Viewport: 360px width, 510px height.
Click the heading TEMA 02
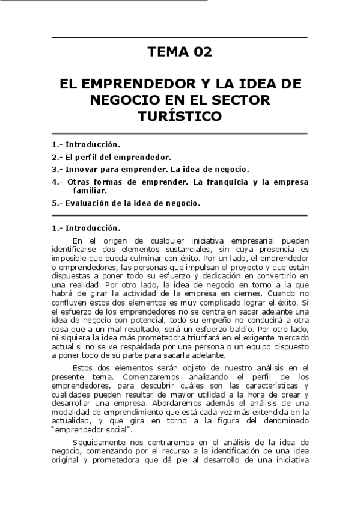180,52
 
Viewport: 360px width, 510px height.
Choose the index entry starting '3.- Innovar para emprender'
151,169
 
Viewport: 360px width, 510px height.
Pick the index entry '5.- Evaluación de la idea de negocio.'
126,203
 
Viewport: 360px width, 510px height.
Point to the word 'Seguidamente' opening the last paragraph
96,442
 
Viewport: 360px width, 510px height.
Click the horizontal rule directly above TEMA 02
180,38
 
